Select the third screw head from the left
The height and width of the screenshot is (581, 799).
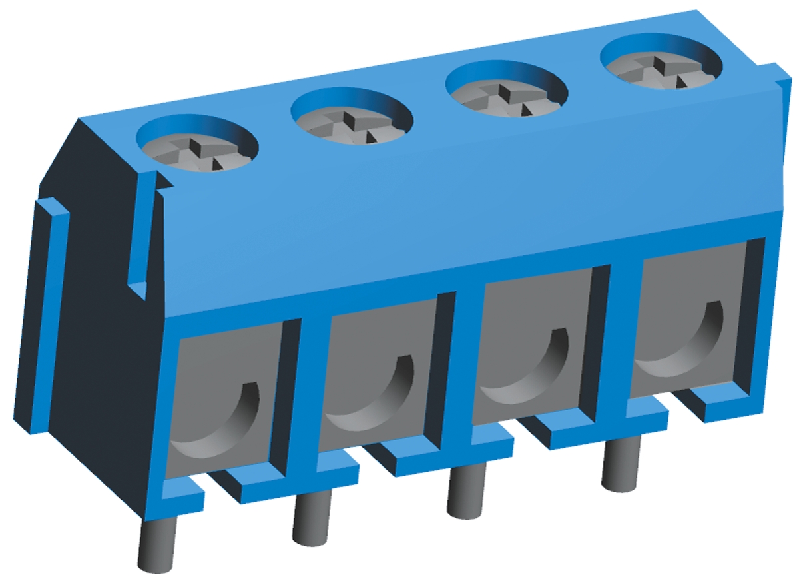pyautogui.click(x=507, y=92)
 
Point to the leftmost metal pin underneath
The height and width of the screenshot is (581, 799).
pyautogui.click(x=158, y=543)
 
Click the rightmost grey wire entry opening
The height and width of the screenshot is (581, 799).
pyautogui.click(x=686, y=320)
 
